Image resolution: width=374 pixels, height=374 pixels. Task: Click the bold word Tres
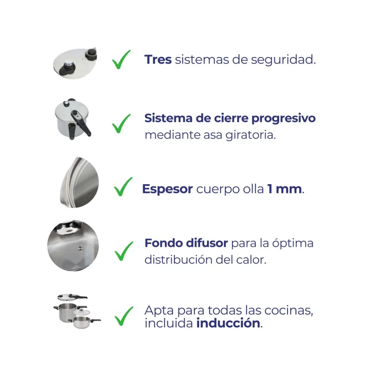tap(158, 60)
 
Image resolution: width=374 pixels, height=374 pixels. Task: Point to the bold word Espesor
tap(167, 189)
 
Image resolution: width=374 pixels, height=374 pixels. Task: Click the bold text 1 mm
tap(285, 189)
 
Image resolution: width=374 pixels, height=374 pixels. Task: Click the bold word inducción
tap(228, 323)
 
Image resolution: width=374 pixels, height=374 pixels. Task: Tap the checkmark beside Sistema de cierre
tap(121, 124)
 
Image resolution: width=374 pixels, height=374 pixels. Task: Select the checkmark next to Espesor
tap(123, 187)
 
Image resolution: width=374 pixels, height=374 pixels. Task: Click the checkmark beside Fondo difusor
tap(124, 251)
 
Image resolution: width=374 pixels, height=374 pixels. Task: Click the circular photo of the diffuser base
tap(73, 245)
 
